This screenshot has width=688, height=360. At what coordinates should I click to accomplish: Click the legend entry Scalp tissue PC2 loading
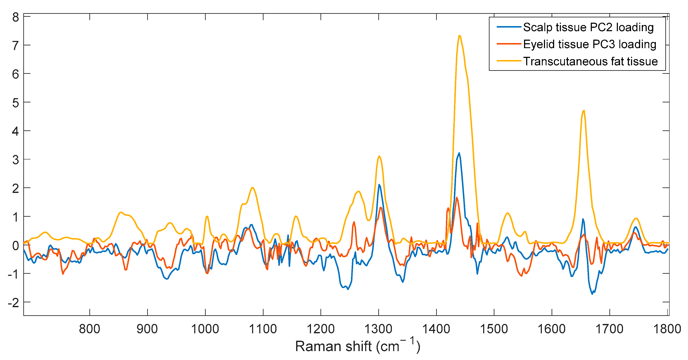pyautogui.click(x=588, y=27)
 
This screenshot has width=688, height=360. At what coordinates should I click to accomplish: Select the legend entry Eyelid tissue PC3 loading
pyautogui.click(x=590, y=44)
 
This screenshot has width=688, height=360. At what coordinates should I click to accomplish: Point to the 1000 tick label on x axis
pyautogui.click(x=205, y=329)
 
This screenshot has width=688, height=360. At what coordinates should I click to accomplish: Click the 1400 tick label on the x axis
pyautogui.click(x=436, y=329)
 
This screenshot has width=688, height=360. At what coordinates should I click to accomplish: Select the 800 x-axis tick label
pyautogui.click(x=89, y=329)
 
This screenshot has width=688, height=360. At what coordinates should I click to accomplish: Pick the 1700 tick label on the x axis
pyautogui.click(x=609, y=329)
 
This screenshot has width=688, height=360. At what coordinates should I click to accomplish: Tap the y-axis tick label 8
pyautogui.click(x=15, y=17)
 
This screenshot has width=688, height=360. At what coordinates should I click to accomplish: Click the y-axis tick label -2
pyautogui.click(x=13, y=303)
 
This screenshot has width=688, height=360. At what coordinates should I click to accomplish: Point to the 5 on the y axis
pyautogui.click(x=15, y=103)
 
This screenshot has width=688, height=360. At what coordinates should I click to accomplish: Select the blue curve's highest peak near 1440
pyautogui.click(x=459, y=153)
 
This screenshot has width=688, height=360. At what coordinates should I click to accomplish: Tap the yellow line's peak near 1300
pyautogui.click(x=379, y=156)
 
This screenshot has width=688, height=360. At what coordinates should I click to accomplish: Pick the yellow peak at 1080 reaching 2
pyautogui.click(x=252, y=188)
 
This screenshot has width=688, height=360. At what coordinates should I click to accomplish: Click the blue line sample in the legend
pyautogui.click(x=509, y=27)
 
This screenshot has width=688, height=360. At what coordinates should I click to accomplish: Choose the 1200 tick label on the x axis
pyautogui.click(x=320, y=329)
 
